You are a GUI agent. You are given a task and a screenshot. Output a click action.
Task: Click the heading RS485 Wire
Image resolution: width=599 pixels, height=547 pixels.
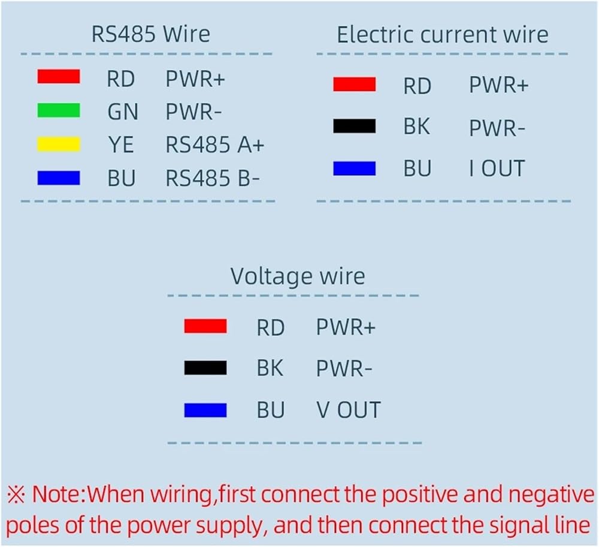click(150, 34)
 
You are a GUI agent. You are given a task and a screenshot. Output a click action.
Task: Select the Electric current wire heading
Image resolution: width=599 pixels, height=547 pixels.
click(442, 35)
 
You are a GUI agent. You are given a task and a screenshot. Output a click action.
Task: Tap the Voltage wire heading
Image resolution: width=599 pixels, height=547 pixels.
click(297, 276)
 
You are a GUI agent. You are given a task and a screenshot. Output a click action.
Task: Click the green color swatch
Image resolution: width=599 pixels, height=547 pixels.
click(58, 110)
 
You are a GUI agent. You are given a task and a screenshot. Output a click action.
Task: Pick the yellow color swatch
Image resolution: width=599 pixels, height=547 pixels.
click(58, 144)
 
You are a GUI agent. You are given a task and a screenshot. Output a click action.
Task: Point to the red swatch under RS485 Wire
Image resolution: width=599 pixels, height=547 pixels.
click(58, 77)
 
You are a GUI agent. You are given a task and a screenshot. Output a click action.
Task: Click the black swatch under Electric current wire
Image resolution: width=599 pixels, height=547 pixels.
click(354, 127)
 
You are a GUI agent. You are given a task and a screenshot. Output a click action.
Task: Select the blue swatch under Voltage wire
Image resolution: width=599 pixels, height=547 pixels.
click(205, 410)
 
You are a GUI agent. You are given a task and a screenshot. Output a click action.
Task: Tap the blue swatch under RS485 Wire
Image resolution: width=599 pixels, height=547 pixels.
click(58, 178)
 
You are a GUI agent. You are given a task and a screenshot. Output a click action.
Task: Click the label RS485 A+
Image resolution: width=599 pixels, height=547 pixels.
click(214, 145)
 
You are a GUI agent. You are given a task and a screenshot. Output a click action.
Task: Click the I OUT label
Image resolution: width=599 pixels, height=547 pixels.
click(497, 169)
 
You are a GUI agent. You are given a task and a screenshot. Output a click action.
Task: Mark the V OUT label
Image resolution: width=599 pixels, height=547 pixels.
click(348, 410)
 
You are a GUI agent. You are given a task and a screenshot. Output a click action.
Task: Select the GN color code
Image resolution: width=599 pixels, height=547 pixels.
click(122, 112)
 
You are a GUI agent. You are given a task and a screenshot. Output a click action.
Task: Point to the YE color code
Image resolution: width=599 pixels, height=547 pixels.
click(122, 145)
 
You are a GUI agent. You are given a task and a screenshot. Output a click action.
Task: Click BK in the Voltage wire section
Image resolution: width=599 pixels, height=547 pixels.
click(270, 368)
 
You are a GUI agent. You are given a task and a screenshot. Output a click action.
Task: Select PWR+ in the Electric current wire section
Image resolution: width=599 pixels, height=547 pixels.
click(498, 86)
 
